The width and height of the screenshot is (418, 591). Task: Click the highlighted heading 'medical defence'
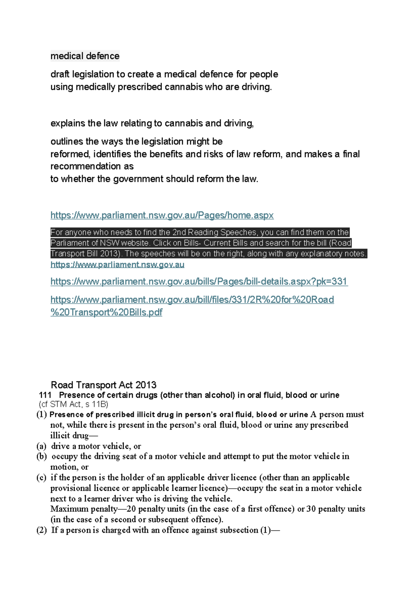point(85,56)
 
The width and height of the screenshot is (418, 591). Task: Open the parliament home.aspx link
point(162,215)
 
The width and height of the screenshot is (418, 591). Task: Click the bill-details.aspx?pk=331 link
point(199,282)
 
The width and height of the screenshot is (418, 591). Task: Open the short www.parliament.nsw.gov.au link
point(117,265)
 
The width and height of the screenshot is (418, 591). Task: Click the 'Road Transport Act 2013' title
point(103,385)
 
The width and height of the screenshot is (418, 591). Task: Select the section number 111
point(45,395)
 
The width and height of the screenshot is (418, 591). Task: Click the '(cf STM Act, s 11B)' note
point(73,405)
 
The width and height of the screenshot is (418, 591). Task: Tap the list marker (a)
point(41,446)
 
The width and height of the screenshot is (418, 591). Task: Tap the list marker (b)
point(41,456)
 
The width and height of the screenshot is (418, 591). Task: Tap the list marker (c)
point(41,478)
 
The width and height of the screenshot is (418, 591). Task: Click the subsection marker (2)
point(41,530)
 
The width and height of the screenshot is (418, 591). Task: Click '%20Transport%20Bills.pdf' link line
point(106,312)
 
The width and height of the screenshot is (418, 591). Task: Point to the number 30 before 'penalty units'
point(311,509)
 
